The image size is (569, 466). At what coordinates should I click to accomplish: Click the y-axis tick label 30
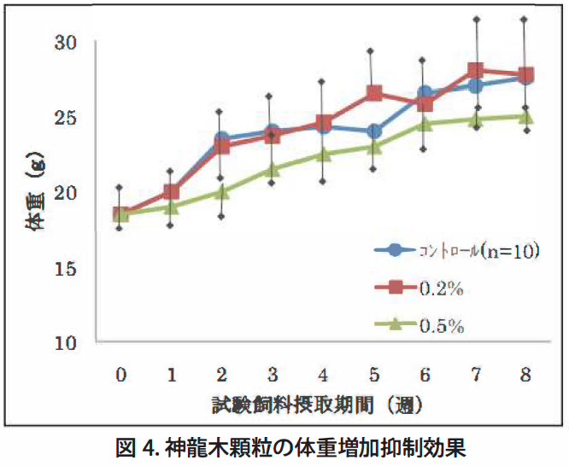(66, 44)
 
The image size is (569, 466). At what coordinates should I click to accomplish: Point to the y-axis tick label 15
(66, 269)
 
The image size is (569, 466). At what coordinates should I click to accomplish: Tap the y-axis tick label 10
(66, 343)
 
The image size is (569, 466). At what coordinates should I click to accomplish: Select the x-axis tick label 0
(121, 374)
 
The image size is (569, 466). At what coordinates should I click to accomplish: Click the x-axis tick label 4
(323, 374)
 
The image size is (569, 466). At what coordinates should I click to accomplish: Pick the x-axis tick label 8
(525, 374)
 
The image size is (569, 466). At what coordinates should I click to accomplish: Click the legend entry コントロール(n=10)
(456, 250)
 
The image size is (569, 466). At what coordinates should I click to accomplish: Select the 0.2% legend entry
(419, 288)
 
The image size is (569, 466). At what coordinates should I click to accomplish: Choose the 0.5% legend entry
(419, 325)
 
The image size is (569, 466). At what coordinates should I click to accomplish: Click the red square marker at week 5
(374, 93)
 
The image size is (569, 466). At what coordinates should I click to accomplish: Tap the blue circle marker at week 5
(374, 131)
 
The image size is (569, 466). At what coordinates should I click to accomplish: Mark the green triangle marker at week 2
(222, 192)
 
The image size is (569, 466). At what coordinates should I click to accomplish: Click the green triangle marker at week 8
(525, 116)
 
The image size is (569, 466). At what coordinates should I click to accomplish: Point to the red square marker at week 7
(475, 70)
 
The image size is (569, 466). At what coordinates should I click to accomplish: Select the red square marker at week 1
(172, 192)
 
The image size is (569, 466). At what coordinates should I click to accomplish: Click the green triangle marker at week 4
(323, 154)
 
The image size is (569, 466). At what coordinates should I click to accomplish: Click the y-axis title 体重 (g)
(34, 191)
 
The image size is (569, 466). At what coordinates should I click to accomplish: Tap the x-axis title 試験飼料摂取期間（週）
(318, 405)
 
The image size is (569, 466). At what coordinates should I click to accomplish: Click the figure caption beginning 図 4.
(290, 448)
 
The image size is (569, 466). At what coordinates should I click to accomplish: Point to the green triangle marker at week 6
(425, 124)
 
